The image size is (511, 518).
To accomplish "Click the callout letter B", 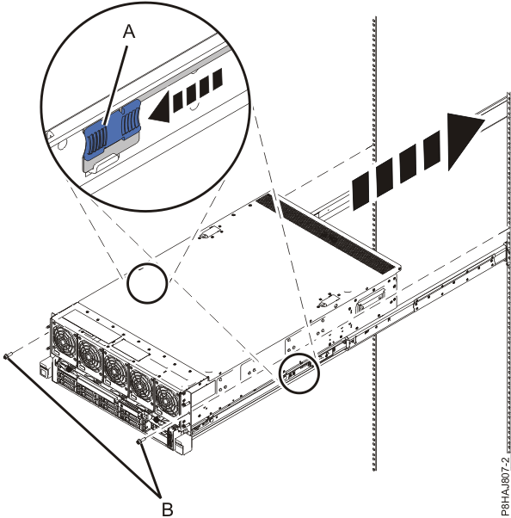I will click(x=166, y=507).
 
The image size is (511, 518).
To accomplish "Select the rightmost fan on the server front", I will click(x=168, y=397).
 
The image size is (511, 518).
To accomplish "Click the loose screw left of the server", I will click(x=7, y=355).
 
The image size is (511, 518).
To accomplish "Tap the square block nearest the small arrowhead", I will click(x=178, y=102).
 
